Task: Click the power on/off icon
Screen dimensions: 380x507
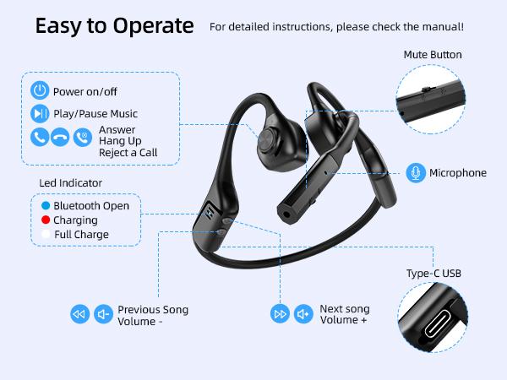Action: [40, 91]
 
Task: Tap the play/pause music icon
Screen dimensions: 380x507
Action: [40, 113]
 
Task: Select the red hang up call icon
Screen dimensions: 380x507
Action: [60, 137]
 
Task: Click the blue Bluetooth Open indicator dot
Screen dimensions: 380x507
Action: [45, 205]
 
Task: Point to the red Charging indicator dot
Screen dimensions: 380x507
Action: [45, 220]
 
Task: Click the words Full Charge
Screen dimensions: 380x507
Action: [81, 234]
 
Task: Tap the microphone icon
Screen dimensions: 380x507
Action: [415, 172]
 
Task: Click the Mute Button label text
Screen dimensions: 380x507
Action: [433, 55]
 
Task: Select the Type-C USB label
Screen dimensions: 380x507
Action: [434, 274]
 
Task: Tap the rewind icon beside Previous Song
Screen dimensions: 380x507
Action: [79, 315]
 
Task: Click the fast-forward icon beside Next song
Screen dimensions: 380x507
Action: [280, 315]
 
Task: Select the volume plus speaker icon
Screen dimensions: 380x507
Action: [303, 315]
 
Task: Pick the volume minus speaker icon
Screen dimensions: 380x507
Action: [103, 315]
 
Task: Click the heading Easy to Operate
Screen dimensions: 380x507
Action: [114, 25]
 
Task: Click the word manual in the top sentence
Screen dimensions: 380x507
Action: [443, 27]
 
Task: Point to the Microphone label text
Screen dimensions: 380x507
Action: [458, 173]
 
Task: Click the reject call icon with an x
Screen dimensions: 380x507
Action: [82, 137]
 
